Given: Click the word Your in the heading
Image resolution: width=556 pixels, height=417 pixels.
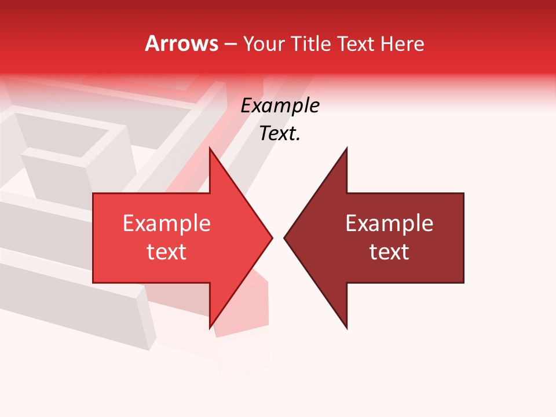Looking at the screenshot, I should click(x=263, y=44).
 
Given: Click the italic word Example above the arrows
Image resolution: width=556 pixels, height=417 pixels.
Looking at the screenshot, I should click(x=280, y=105).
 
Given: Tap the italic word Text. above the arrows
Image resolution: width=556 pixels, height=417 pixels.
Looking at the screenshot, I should click(x=280, y=134).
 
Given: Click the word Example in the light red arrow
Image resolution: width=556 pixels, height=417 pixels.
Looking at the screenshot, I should click(x=167, y=224).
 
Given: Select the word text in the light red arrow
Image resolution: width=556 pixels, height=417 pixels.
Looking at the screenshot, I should click(x=167, y=252).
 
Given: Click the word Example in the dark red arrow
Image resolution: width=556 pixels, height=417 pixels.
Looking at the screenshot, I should click(x=389, y=224).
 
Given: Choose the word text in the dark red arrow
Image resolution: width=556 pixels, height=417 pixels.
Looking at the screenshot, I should click(x=389, y=252).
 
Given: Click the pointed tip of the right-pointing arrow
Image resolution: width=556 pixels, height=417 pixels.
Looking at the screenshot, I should click(x=272, y=237).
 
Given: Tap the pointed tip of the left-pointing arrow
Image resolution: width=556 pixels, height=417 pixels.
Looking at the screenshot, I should click(x=285, y=237).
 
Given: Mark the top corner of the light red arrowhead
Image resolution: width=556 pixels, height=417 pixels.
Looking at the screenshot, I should click(x=210, y=149).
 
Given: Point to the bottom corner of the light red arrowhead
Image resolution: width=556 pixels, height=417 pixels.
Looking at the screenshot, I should click(x=210, y=327).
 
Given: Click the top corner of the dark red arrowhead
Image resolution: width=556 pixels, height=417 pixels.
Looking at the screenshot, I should click(x=347, y=149).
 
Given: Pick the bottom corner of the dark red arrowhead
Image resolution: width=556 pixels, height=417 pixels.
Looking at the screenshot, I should click(x=347, y=327).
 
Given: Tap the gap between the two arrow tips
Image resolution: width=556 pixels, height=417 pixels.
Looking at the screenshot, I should click(x=278, y=237).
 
